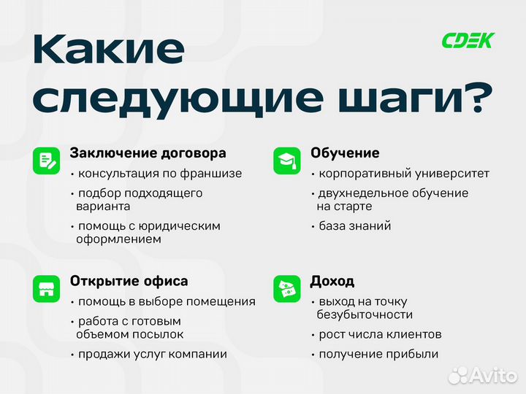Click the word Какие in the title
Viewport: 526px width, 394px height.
(x=109, y=50)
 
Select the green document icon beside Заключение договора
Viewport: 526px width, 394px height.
(x=46, y=161)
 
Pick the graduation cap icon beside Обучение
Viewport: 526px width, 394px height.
(x=286, y=161)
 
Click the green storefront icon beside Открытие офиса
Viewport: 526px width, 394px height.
(x=46, y=288)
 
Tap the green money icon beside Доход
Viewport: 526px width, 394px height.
(x=286, y=288)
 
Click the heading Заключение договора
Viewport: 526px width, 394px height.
(x=148, y=153)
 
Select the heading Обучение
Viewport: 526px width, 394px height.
(x=345, y=153)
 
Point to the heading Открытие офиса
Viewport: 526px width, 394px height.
(x=129, y=281)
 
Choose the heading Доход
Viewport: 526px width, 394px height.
(x=332, y=281)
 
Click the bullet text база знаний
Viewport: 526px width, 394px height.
(x=354, y=225)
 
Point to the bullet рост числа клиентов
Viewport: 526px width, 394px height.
(x=379, y=334)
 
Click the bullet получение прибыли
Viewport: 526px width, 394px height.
(x=378, y=354)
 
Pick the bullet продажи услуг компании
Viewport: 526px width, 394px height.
(x=152, y=354)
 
